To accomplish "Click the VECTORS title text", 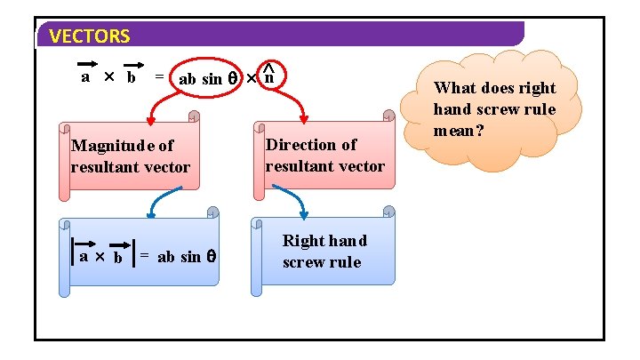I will (90, 36).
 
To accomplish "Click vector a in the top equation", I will (86, 75).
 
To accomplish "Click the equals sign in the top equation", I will (159, 76).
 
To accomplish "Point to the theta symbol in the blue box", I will (211, 257).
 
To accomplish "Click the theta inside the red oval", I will (233, 79).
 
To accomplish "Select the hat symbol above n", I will (268, 65).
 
